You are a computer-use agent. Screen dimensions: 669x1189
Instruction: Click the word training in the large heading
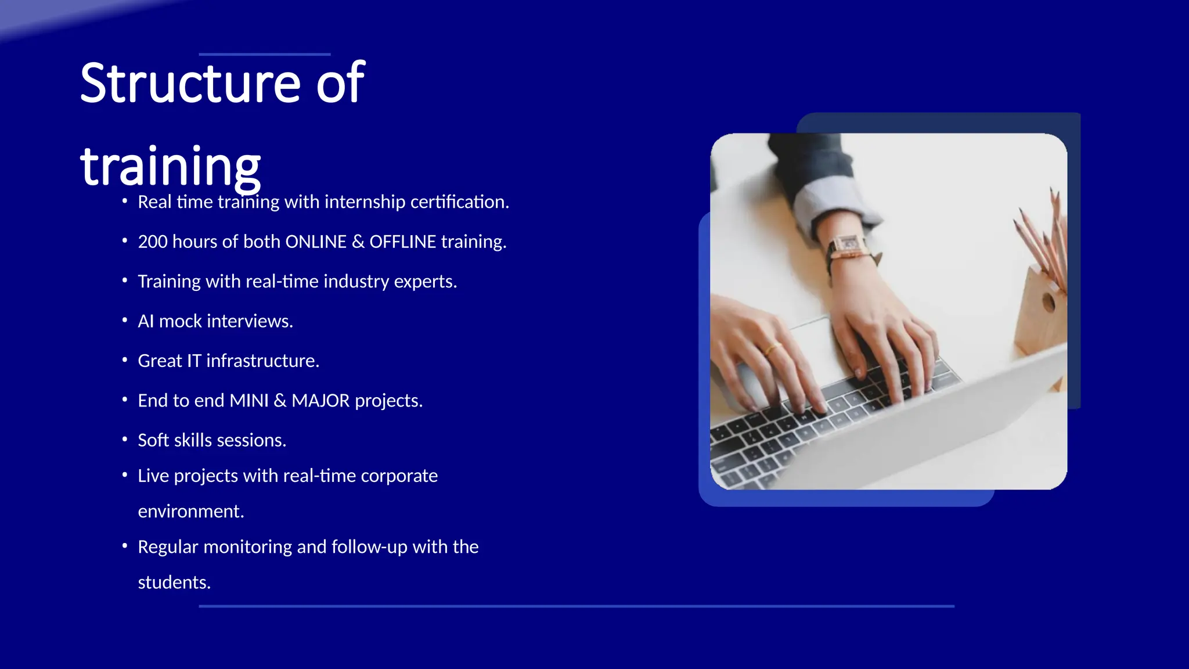170,167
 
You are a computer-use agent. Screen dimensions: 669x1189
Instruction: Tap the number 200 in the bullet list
153,242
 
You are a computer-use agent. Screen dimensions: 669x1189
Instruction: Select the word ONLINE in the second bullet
316,242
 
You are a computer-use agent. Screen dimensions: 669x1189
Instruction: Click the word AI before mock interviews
146,321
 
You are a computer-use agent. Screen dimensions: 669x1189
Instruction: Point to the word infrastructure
262,361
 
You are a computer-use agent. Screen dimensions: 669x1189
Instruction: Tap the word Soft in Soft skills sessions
153,440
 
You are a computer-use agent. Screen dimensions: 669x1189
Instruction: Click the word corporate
399,476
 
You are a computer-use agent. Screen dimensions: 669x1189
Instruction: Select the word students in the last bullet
174,582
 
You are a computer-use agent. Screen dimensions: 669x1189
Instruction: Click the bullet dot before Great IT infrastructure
125,360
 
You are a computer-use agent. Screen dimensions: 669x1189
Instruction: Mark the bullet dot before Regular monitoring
125,546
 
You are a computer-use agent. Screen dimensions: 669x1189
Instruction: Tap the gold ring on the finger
772,349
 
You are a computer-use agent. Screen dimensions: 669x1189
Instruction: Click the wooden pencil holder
1042,314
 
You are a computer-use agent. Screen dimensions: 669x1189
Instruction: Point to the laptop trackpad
816,348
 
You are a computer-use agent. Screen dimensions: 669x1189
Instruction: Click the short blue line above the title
264,54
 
